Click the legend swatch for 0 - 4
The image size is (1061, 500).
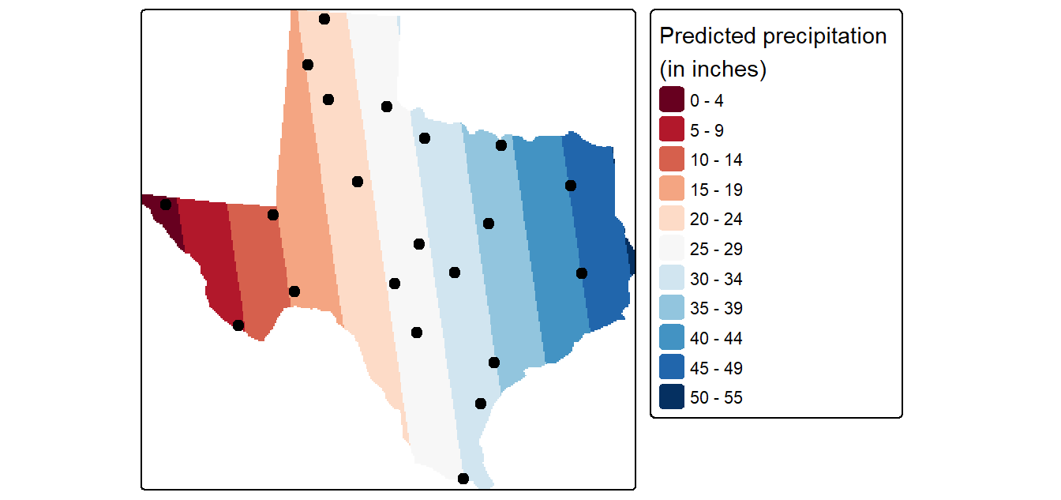coord(672,99)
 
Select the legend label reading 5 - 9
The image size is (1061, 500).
coord(707,130)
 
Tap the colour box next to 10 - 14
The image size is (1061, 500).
coord(672,159)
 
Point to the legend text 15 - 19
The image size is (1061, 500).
coord(716,190)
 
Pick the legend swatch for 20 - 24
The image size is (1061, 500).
coord(672,218)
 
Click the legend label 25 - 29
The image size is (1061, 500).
coord(716,249)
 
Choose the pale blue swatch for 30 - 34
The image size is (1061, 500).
coord(672,277)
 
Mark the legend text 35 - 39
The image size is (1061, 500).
coord(716,308)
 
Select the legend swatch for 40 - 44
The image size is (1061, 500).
coord(672,337)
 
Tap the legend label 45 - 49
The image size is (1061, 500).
coord(716,368)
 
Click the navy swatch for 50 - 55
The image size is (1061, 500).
coord(672,397)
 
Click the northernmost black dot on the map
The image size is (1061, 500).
coord(324,19)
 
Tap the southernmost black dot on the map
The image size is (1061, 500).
coord(463,479)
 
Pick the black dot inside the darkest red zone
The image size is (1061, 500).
coord(165,205)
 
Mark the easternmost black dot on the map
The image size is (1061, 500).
coord(582,273)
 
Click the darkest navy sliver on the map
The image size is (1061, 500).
coord(632,256)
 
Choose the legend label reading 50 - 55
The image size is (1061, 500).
coord(716,397)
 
